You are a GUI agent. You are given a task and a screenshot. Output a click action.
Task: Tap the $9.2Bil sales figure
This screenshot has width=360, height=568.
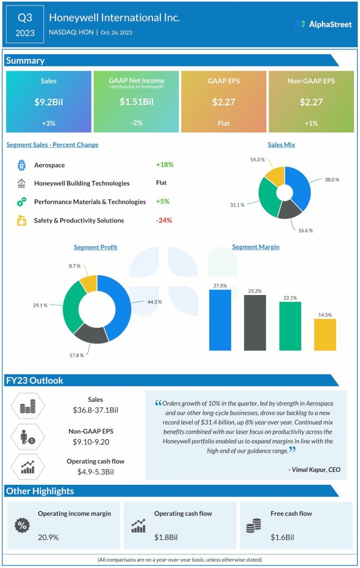point(48,102)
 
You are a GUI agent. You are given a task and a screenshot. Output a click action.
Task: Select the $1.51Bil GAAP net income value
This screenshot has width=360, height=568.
point(136,102)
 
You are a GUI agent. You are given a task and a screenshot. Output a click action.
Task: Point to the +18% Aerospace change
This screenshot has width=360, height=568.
point(164,165)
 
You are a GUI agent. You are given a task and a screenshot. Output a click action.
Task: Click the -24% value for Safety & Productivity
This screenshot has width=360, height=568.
point(164,220)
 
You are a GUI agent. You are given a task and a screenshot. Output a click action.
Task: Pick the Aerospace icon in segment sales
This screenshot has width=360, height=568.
point(21,165)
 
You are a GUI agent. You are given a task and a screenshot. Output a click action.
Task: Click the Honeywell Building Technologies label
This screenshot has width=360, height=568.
point(82,183)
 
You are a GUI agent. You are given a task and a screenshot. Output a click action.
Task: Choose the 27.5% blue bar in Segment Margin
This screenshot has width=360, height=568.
point(220,320)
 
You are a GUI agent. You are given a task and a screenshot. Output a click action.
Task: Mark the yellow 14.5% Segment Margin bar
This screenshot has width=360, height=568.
point(324,334)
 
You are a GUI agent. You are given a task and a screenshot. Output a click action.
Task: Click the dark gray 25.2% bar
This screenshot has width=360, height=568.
point(255,323)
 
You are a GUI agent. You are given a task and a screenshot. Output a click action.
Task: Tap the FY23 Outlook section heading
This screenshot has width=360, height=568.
point(34,381)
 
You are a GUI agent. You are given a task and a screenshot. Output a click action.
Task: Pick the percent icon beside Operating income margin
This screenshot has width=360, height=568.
point(23,525)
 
